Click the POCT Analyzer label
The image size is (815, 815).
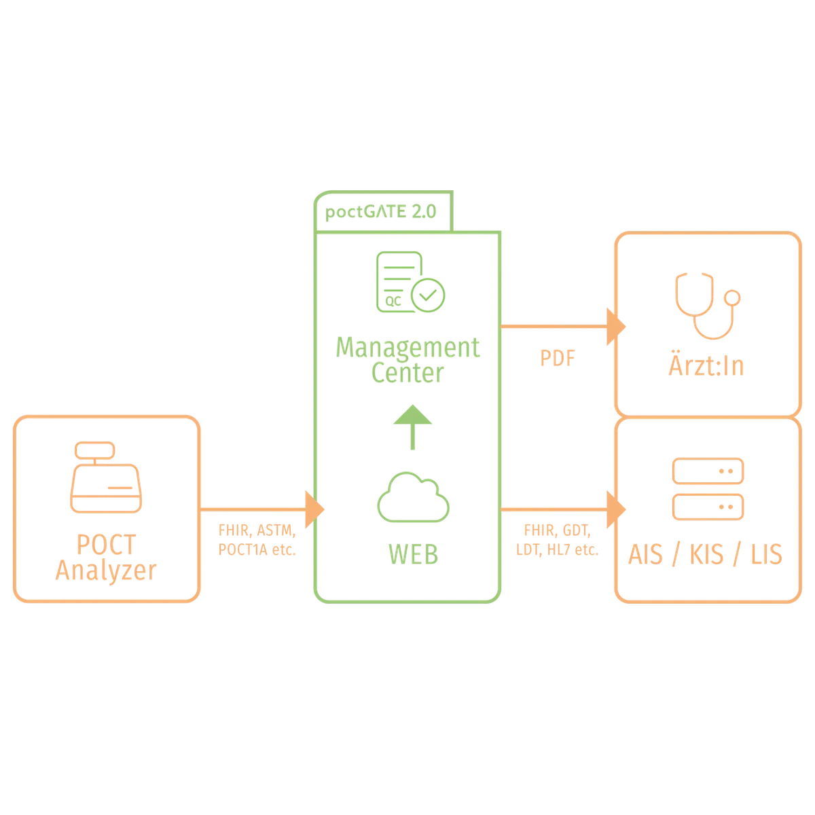(108, 556)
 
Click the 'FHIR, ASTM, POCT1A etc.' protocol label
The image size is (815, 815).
(257, 540)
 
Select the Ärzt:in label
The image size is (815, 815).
(705, 367)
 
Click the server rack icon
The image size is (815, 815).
(707, 489)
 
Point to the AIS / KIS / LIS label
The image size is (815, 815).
(706, 556)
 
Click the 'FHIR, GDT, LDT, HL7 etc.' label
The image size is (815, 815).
(559, 540)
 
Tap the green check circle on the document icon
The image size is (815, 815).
(430, 294)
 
